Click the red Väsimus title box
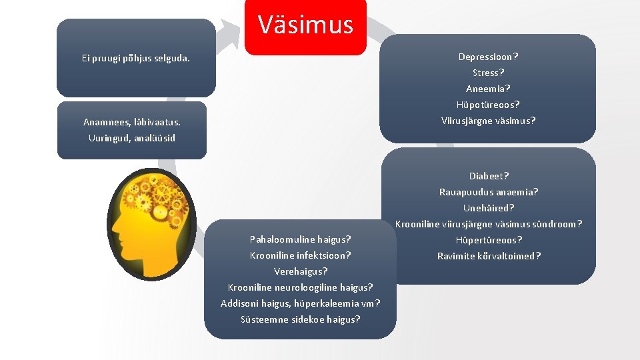pyautogui.click(x=305, y=26)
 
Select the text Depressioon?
pyautogui.click(x=488, y=57)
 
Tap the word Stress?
pyautogui.click(x=488, y=73)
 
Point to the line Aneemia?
pyautogui.click(x=488, y=89)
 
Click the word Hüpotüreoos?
pyautogui.click(x=488, y=105)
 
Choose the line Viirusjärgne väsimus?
pyautogui.click(x=488, y=121)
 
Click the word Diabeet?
pyautogui.click(x=489, y=176)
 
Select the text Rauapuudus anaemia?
pyautogui.click(x=489, y=192)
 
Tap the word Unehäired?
pyautogui.click(x=489, y=208)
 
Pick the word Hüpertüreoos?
pyautogui.click(x=489, y=240)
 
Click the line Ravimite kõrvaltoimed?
pyautogui.click(x=489, y=256)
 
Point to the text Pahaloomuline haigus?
pyautogui.click(x=300, y=239)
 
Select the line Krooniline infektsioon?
pyautogui.click(x=300, y=255)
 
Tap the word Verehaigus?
pyautogui.click(x=300, y=271)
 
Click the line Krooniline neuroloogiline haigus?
pyautogui.click(x=300, y=287)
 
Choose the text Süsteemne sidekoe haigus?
pyautogui.click(x=300, y=319)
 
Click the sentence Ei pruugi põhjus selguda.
pyautogui.click(x=135, y=58)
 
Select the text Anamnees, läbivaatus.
pyautogui.click(x=132, y=122)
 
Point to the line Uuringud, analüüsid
pyautogui.click(x=132, y=138)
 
